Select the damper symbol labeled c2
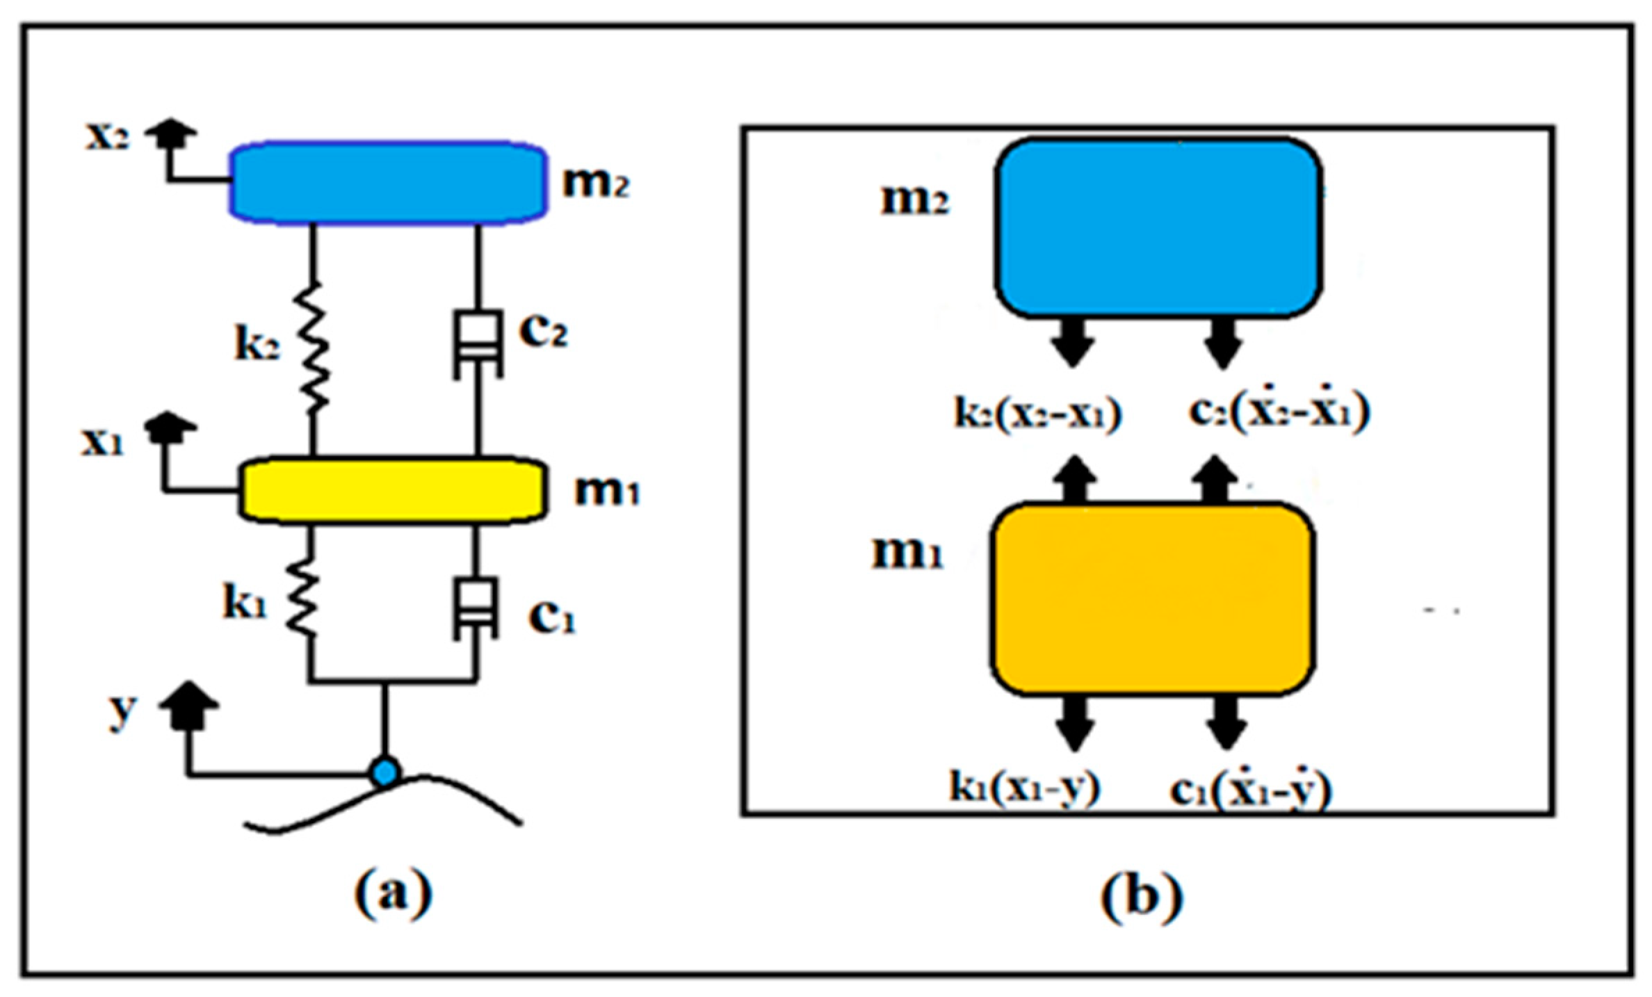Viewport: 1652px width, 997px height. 478,345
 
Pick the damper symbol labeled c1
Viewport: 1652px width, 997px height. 476,608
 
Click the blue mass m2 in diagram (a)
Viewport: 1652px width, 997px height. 388,183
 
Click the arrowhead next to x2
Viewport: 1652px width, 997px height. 171,133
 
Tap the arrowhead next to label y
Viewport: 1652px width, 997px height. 189,705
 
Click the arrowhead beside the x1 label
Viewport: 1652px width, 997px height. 170,427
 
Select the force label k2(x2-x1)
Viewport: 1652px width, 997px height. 1037,414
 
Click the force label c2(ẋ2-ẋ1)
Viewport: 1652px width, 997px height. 1278,411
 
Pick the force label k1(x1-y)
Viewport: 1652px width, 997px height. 1025,788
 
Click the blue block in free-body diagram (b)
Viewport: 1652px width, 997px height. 1158,228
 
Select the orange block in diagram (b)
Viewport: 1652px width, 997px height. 1152,599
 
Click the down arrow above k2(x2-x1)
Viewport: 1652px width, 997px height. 1073,342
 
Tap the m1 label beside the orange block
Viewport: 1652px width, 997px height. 907,554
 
